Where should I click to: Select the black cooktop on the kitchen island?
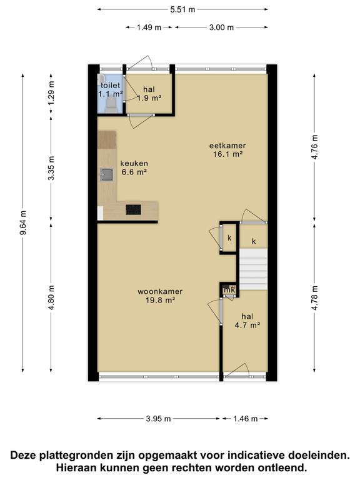tap(134, 210)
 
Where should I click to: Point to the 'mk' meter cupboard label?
tap(229, 289)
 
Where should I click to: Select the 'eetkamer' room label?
tap(226, 146)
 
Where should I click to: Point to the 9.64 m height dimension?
tap(23, 222)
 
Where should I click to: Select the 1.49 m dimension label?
tap(149, 27)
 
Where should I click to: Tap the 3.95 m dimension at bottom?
tap(159, 419)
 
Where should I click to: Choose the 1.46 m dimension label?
tap(245, 419)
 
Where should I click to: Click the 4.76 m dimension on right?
tap(315, 147)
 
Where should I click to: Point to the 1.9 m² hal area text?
tap(149, 98)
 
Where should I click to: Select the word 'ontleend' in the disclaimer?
tap(277, 467)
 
